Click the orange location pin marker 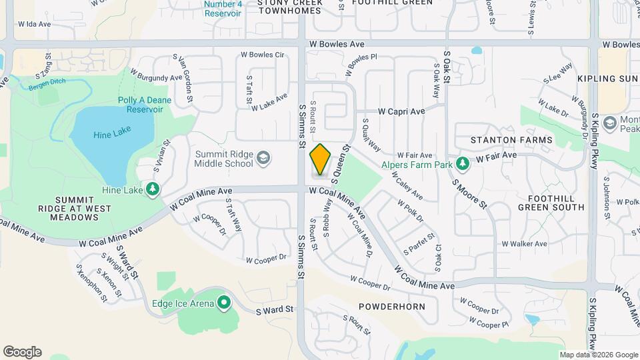click(x=321, y=159)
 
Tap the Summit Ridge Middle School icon click(x=263, y=158)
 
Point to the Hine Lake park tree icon click(x=153, y=190)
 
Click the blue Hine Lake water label click(x=112, y=133)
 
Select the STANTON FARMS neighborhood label click(x=511, y=140)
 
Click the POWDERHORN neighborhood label click(x=391, y=306)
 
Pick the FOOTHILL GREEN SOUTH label click(x=556, y=203)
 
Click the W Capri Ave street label click(x=401, y=111)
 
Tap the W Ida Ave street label click(x=35, y=24)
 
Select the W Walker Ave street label click(x=524, y=244)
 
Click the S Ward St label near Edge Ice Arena click(x=275, y=309)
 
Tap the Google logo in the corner click(x=22, y=352)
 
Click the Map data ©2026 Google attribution click(x=599, y=355)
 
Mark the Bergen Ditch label click(x=45, y=86)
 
